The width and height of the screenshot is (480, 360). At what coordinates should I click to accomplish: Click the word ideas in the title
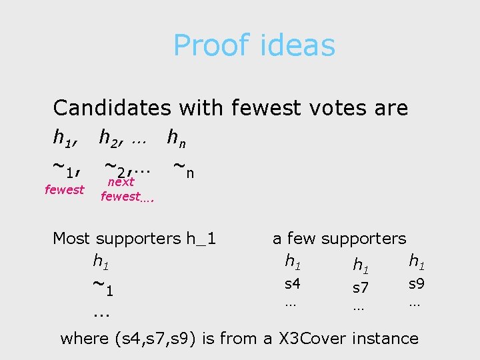(x=297, y=46)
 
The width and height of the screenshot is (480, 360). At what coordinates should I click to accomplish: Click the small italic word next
(x=121, y=181)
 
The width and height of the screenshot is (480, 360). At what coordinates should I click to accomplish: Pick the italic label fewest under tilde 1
(x=64, y=190)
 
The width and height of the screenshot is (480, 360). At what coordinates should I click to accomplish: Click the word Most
(x=72, y=238)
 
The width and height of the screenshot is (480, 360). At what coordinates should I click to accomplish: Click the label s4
(x=293, y=284)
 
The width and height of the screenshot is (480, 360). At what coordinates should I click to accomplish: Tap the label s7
(x=361, y=288)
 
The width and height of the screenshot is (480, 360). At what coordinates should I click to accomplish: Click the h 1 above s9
(x=417, y=261)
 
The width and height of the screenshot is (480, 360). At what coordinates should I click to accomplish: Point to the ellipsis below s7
(x=358, y=307)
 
